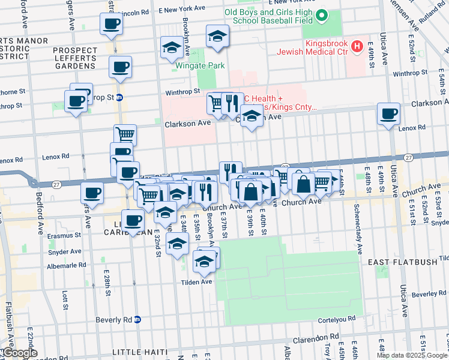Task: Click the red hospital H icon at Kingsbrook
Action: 358,45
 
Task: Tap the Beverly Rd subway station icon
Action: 137,320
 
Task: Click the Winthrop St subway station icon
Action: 120,97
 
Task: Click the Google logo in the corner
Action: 20,353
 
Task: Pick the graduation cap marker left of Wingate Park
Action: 172,47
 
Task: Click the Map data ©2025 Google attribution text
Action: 412,355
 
